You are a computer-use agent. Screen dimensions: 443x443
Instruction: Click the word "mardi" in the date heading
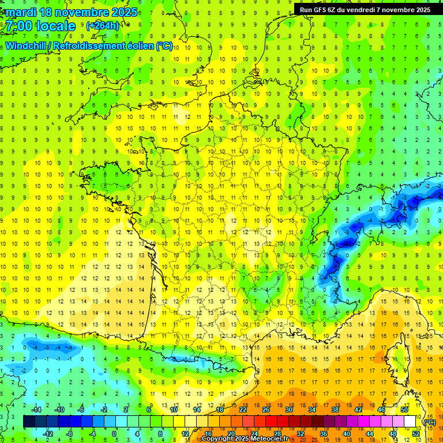tap(23, 12)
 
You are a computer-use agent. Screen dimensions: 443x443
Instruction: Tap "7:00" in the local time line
tap(18, 26)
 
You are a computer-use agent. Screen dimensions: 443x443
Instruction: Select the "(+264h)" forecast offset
tap(103, 25)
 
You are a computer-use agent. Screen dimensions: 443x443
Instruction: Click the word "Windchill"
tap(26, 46)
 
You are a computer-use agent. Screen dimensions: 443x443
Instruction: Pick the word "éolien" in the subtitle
tap(139, 46)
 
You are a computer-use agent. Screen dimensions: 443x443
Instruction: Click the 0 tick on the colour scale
tap(114, 433)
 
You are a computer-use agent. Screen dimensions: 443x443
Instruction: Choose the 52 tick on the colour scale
tap(416, 433)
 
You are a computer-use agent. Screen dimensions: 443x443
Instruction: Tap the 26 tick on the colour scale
tap(265, 410)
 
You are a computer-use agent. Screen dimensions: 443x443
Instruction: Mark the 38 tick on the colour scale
tap(335, 410)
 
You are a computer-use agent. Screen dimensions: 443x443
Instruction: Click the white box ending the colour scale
tap(410, 422)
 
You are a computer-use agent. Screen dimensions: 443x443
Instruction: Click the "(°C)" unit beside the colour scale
tap(429, 422)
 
